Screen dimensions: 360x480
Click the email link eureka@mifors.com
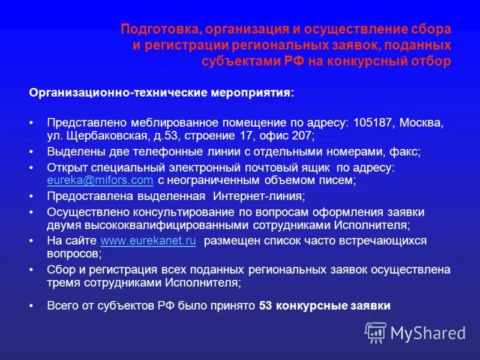click(100, 181)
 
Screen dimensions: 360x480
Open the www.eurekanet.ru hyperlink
click(148, 241)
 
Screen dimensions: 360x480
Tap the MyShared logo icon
click(376, 331)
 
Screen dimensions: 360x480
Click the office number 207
click(302, 136)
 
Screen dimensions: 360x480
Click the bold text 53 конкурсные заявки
click(325, 306)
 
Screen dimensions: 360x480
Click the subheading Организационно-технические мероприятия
click(161, 94)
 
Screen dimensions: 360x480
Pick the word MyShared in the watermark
click(428, 332)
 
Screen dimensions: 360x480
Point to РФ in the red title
click(295, 61)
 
